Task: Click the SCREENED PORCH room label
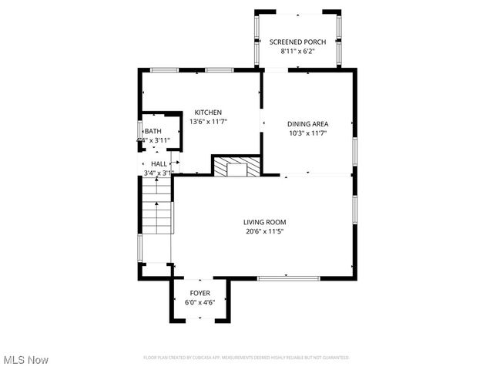point(297,41)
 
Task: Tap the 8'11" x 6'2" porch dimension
point(297,50)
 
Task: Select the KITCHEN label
point(208,113)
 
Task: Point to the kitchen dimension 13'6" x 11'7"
point(208,122)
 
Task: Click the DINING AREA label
point(308,124)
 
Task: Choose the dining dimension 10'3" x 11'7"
point(308,133)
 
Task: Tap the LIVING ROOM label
point(265,222)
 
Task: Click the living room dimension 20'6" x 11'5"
point(265,231)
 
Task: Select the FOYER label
point(200,294)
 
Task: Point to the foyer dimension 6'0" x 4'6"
point(200,303)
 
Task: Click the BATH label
point(153,131)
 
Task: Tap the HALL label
point(159,164)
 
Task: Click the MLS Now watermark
point(26,360)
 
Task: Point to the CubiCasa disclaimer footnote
point(246,358)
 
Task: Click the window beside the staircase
point(140,247)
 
